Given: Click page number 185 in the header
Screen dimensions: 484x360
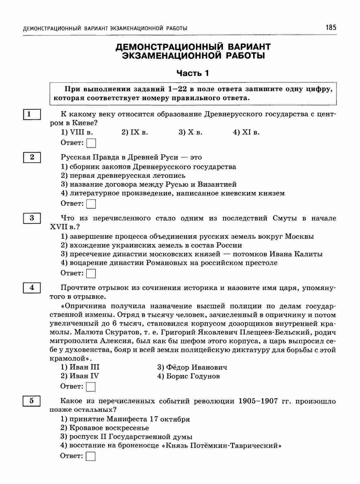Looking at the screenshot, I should [x=331, y=28].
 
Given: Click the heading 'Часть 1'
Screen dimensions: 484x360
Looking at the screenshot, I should [x=192, y=73].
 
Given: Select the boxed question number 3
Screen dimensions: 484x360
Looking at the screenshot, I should [x=32, y=218].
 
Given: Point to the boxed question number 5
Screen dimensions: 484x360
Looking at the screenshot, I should [x=32, y=401].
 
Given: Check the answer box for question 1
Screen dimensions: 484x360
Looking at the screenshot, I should [x=91, y=143].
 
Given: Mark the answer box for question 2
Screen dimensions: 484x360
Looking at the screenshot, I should [x=91, y=204].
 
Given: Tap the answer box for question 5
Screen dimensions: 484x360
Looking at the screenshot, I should [x=91, y=456].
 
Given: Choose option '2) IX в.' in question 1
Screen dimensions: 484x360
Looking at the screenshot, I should [x=135, y=132].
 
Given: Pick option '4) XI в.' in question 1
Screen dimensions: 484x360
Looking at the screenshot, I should [x=246, y=132].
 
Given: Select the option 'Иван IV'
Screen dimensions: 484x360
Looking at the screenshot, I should [x=80, y=376].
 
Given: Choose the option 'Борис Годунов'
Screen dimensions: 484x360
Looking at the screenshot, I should [x=188, y=376].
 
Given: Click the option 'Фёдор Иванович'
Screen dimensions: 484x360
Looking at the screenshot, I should [x=192, y=367].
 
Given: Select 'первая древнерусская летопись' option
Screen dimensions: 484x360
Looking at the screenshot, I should [x=123, y=176].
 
